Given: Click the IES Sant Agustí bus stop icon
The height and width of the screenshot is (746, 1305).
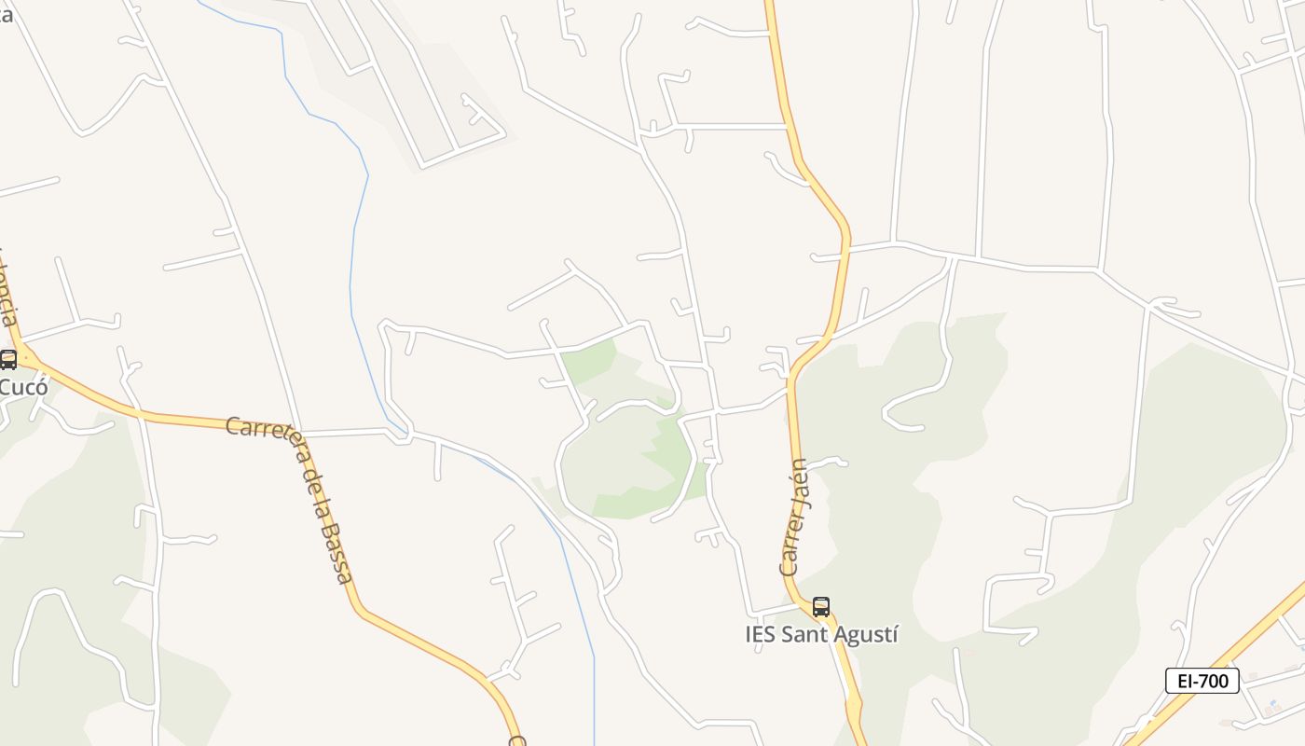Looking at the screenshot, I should pyautogui.click(x=820, y=606).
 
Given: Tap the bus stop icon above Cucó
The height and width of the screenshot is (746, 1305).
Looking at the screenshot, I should pyautogui.click(x=8, y=358).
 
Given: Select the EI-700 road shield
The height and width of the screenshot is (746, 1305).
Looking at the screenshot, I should pyautogui.click(x=1202, y=681).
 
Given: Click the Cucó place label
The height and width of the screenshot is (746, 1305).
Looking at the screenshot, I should pyautogui.click(x=22, y=385).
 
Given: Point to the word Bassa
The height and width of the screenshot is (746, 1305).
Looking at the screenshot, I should pyautogui.click(x=335, y=554).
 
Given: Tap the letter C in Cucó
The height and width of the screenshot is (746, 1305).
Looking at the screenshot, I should pyautogui.click(x=5, y=385).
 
